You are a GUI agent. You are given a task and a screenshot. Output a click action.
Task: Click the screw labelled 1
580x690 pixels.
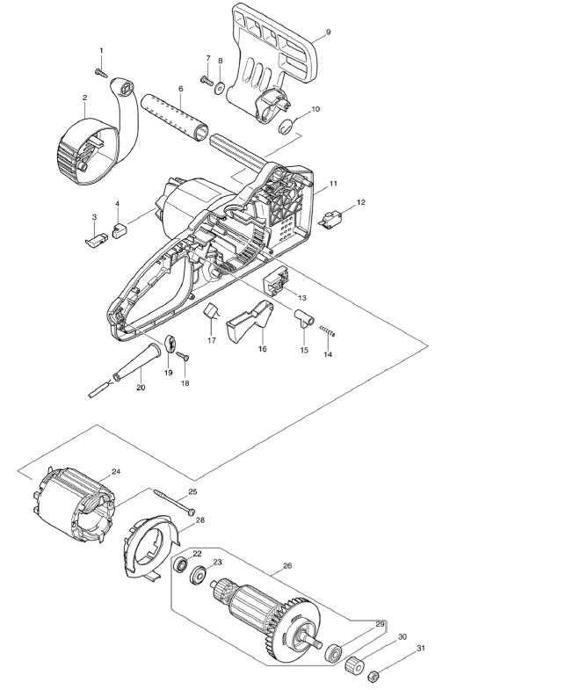point(101,73)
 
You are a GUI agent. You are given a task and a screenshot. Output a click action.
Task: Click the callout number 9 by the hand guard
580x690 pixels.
point(328,33)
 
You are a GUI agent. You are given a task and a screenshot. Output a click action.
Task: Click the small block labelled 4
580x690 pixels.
point(120,230)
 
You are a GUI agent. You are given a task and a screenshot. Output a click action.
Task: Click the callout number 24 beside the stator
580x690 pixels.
point(116,472)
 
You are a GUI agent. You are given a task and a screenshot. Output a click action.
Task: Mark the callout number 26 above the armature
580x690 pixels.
point(287,566)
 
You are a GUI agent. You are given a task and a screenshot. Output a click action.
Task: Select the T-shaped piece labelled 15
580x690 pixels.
point(305,317)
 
